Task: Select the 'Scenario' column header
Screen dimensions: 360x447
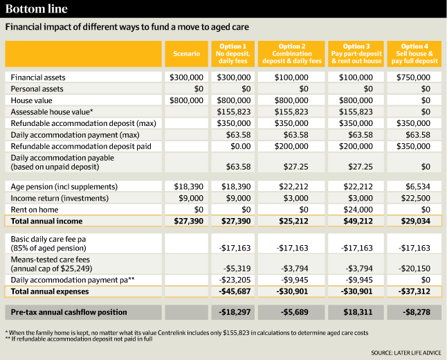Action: pyautogui.click(x=186, y=53)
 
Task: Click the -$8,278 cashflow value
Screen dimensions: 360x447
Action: pyautogui.click(x=415, y=312)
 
